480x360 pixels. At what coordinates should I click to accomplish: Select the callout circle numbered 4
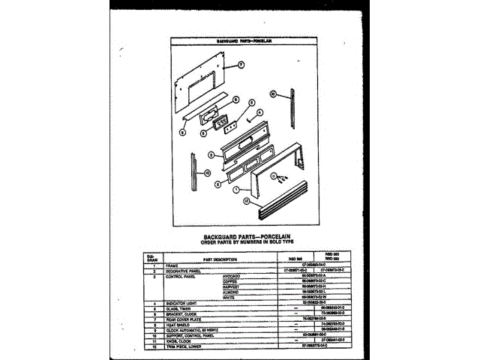click(259, 114)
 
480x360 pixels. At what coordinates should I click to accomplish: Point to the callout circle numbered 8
click(234, 100)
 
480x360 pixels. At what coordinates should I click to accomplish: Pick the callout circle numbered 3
click(212, 155)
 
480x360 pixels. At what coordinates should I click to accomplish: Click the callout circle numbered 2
click(217, 183)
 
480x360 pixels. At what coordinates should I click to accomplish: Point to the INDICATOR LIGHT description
click(172, 303)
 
